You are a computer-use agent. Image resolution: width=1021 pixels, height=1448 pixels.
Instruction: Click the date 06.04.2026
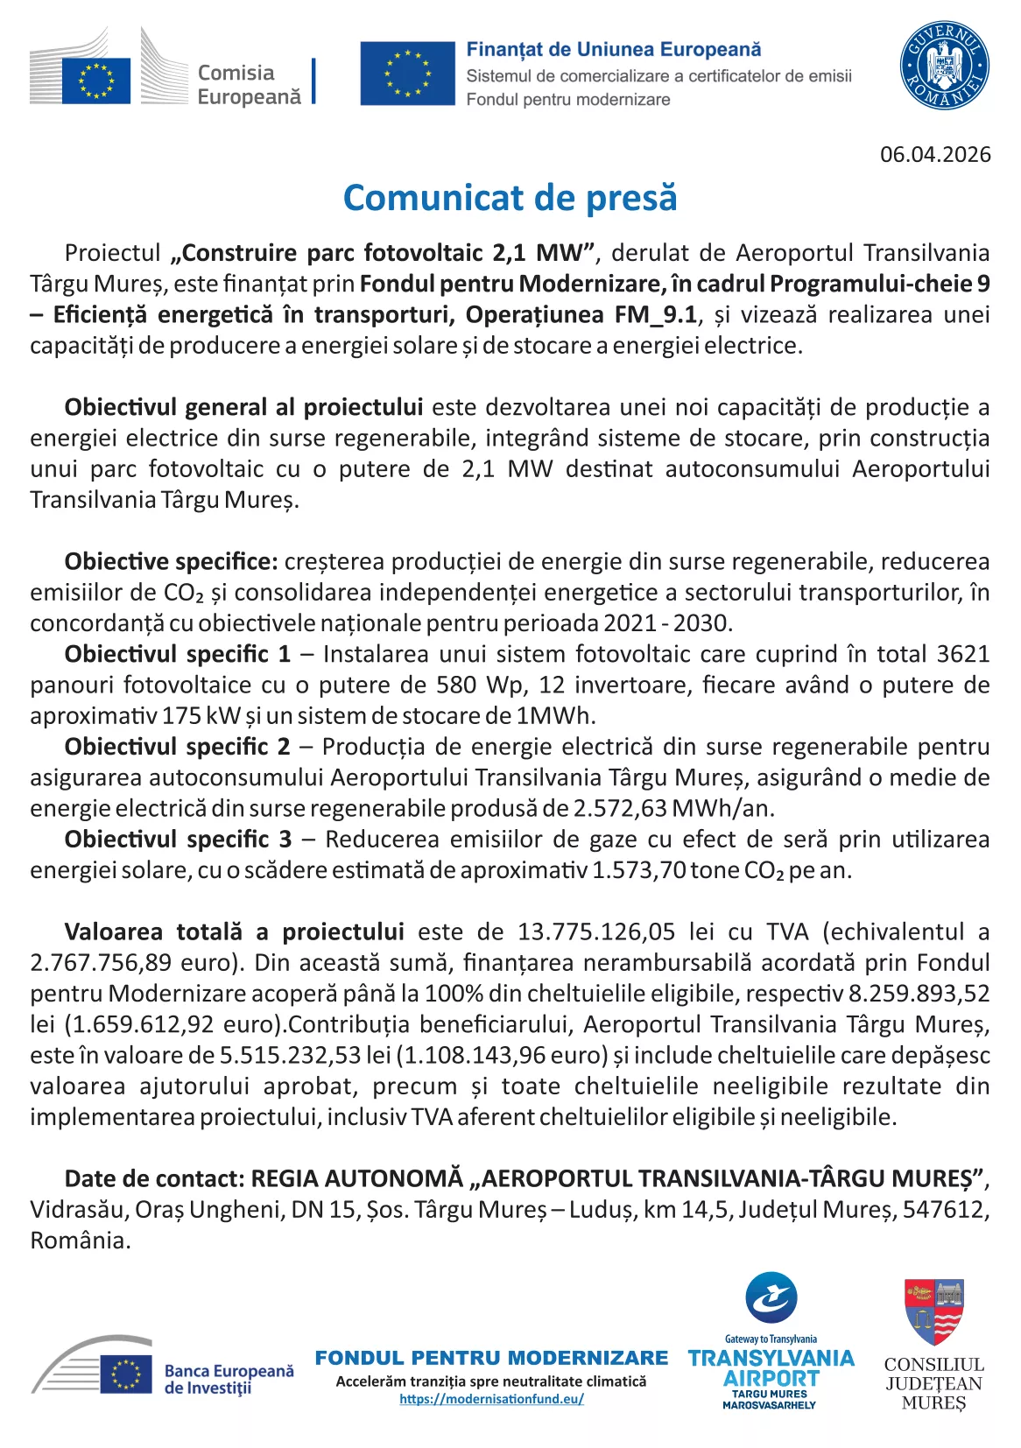(935, 155)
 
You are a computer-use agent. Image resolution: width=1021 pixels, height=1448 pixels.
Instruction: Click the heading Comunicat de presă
(510, 198)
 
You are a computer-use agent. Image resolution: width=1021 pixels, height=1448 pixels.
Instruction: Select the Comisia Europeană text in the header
(249, 85)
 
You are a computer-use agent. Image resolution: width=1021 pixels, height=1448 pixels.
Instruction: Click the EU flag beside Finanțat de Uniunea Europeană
(407, 74)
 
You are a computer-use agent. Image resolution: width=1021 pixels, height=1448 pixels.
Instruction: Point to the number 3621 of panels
(962, 654)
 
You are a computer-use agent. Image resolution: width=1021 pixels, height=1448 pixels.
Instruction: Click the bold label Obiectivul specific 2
(177, 747)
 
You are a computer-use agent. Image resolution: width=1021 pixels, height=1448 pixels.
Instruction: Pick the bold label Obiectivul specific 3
(178, 840)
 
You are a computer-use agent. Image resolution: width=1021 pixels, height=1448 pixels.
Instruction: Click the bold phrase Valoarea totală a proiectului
(234, 931)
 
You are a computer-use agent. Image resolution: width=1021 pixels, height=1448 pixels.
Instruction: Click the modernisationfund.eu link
(491, 1399)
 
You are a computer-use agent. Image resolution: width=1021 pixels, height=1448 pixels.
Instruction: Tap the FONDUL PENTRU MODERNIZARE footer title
(491, 1358)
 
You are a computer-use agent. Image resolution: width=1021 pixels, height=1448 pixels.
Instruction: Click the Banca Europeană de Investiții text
(229, 1379)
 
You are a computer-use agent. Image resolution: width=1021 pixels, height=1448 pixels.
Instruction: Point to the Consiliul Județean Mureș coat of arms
(933, 1311)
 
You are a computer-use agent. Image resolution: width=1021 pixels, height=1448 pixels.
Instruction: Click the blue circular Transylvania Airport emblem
(771, 1297)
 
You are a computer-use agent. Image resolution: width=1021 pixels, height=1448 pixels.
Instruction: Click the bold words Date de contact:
(154, 1178)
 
